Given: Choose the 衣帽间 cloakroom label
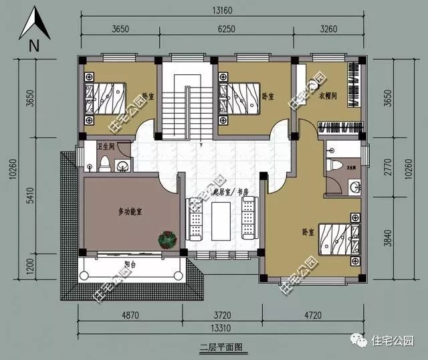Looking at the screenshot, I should (328, 96).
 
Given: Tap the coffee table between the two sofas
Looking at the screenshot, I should (221, 219).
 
